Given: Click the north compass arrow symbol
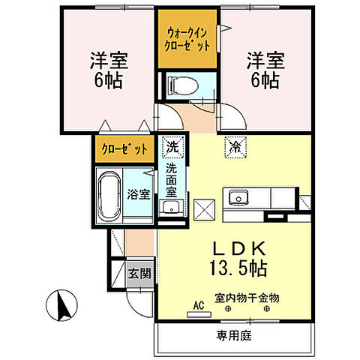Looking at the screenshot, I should coord(59,305).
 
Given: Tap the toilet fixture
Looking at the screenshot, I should coord(179,85).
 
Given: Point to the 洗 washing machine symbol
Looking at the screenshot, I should coord(172,147).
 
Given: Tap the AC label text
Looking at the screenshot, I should coord(199,305).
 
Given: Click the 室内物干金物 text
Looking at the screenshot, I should coord(246,298).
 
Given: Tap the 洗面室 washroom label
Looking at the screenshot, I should coord(172,181).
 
